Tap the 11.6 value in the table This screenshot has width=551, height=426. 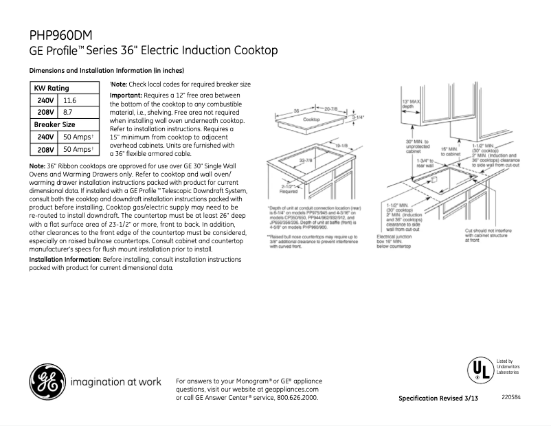click(69, 100)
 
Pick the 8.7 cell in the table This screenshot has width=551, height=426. click(68, 112)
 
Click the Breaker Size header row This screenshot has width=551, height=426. click(55, 124)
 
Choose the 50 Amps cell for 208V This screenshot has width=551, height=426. click(78, 149)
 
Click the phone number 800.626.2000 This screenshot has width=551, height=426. click(297, 398)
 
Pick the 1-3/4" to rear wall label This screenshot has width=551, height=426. click(425, 163)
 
